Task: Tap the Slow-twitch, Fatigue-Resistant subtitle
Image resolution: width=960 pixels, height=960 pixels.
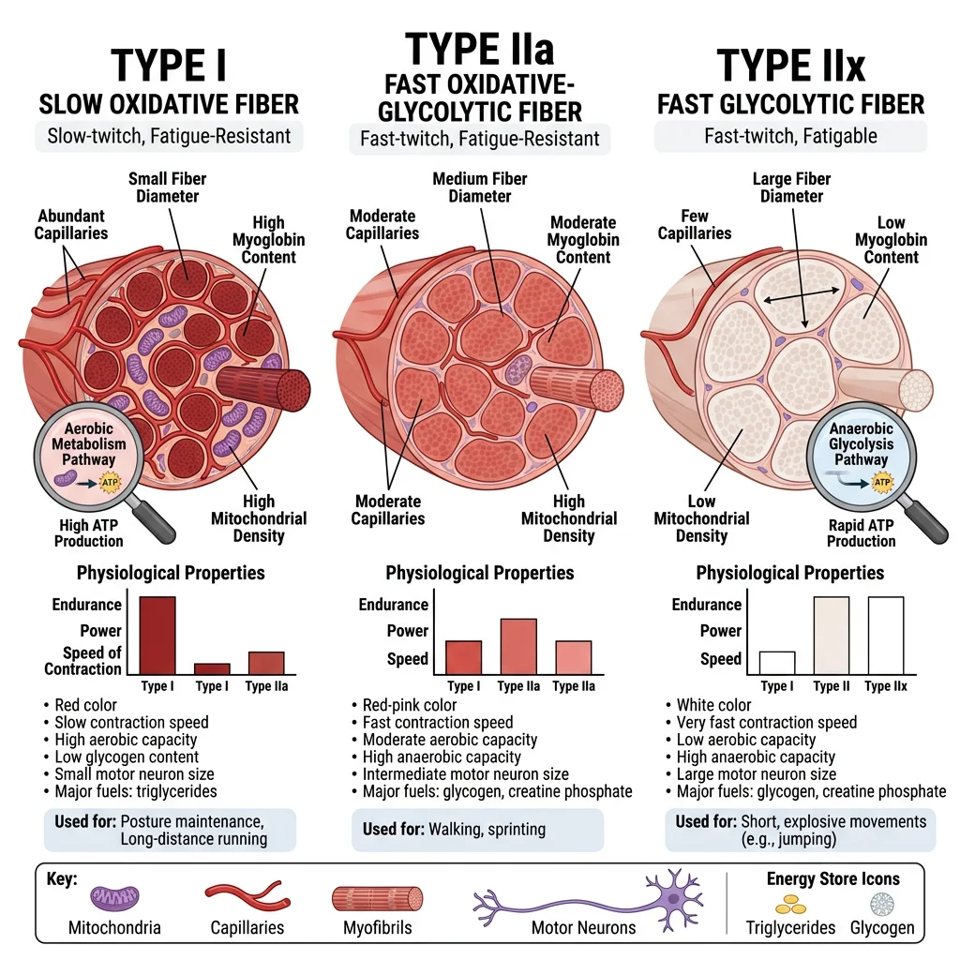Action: click(169, 136)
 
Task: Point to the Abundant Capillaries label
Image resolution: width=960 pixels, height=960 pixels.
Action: click(72, 224)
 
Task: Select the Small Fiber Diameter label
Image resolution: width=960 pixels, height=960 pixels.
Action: click(167, 187)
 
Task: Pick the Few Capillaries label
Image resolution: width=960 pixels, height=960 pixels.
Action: click(695, 224)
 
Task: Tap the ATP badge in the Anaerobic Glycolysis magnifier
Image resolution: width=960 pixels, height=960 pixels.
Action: click(880, 483)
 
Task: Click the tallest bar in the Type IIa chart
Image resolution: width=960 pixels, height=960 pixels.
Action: click(518, 646)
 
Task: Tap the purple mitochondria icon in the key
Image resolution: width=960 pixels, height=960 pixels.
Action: click(115, 897)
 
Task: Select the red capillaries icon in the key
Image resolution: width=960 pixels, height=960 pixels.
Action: click(247, 894)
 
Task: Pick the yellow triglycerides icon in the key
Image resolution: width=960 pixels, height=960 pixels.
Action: click(790, 904)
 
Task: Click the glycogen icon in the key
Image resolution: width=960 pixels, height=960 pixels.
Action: click(881, 903)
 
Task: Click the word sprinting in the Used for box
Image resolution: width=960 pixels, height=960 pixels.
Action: click(516, 830)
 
